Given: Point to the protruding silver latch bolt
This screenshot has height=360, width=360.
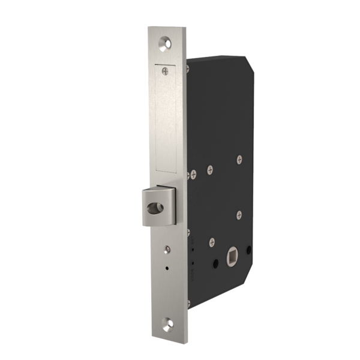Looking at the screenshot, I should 157,206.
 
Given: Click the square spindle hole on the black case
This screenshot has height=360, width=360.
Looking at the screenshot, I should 230,259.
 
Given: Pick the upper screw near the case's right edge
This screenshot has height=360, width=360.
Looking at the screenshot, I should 239,160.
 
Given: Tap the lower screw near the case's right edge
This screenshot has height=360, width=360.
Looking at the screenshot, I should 239,213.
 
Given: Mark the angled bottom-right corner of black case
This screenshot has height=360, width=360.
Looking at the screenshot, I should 251,287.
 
